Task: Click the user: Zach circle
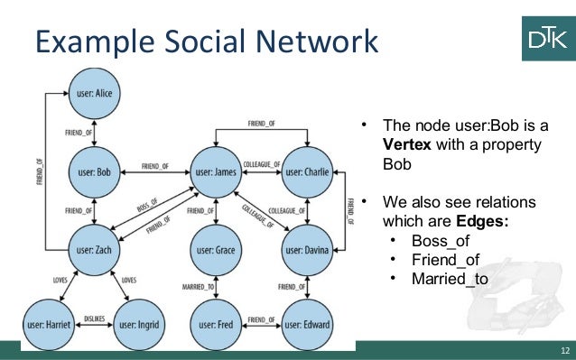pyautogui.click(x=95, y=246)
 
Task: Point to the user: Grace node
pyautogui.click(x=214, y=246)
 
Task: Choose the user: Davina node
pyautogui.click(x=308, y=246)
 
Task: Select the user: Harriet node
pyautogui.click(x=47, y=323)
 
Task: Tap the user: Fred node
pyautogui.click(x=214, y=323)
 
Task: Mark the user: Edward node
pyautogui.click(x=308, y=323)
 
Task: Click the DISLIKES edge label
pyautogui.click(x=94, y=318)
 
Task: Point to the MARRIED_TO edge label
pyautogui.click(x=198, y=287)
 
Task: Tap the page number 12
pyautogui.click(x=562, y=349)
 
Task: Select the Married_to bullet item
pyautogui.click(x=450, y=278)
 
